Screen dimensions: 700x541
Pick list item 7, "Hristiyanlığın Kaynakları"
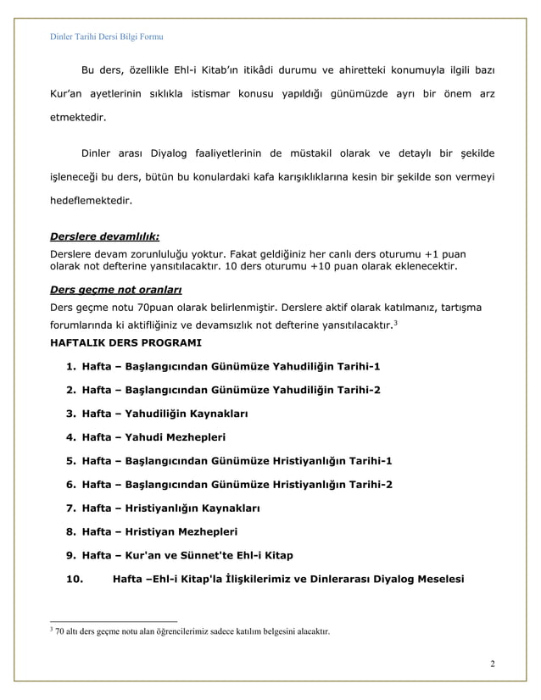170,508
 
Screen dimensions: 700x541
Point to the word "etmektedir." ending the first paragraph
77,118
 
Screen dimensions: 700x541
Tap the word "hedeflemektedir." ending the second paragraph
89,203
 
